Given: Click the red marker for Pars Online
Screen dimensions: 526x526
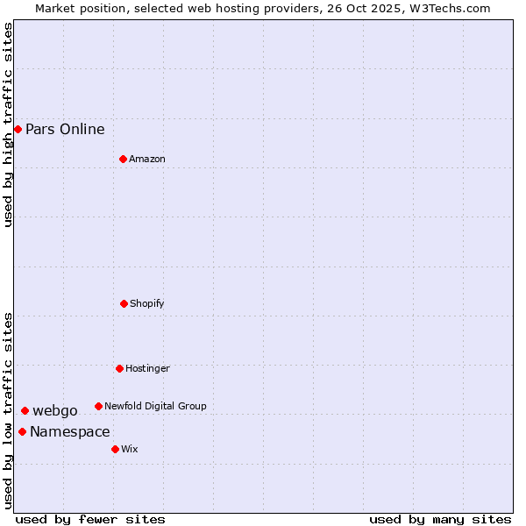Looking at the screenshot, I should (x=18, y=130).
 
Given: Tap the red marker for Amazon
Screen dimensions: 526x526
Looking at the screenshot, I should (x=123, y=159).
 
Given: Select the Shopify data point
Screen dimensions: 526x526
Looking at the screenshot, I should (x=124, y=303).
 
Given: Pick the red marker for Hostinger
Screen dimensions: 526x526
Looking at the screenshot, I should (x=119, y=368).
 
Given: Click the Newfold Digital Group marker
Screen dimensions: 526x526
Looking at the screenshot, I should (x=98, y=406).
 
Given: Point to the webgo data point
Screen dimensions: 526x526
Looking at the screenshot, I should (x=25, y=410).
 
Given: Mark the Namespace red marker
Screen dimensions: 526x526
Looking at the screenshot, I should (x=22, y=431).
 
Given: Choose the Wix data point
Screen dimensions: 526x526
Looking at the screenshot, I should (x=115, y=449).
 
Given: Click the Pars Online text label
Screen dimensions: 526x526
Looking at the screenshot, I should (x=65, y=130).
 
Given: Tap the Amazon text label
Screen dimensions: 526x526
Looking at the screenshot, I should (x=147, y=160).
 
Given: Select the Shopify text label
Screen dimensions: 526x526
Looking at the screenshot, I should (x=147, y=304).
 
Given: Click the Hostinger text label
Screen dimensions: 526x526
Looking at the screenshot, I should (x=147, y=369).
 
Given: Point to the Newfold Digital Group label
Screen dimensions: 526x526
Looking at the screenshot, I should (x=155, y=407).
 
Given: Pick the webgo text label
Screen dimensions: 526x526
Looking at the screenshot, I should (x=55, y=411).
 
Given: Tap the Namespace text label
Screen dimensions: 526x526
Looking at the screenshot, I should (x=70, y=432).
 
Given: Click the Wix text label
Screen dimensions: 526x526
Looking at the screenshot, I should (x=130, y=450).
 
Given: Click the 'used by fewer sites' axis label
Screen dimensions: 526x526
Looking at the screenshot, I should (x=90, y=519).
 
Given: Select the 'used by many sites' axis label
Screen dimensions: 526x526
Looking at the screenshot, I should (x=440, y=519).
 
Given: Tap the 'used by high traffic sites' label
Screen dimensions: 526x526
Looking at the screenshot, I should (x=9, y=124).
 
